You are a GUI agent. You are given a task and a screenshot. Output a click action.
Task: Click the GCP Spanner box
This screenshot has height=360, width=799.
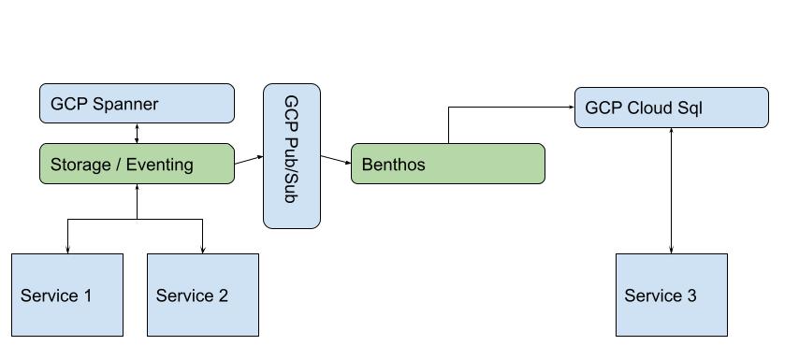[137, 103]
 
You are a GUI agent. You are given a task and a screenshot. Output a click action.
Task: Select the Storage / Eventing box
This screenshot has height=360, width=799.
[137, 164]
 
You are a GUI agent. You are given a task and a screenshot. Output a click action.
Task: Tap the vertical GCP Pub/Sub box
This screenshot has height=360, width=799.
[291, 155]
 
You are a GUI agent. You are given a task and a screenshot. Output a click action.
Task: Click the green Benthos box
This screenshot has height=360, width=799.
[447, 164]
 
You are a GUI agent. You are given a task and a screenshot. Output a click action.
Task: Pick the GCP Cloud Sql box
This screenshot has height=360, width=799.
[671, 108]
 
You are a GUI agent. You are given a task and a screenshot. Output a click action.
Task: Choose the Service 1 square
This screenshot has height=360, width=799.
[67, 295]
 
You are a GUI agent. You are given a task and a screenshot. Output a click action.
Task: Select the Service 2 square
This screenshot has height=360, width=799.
[203, 295]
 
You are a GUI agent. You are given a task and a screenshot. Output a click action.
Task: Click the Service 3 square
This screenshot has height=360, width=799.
[671, 295]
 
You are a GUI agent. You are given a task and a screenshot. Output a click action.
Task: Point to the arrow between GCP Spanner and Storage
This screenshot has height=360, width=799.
[138, 133]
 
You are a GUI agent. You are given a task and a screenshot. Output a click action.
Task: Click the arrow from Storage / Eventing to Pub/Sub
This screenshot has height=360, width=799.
[248, 159]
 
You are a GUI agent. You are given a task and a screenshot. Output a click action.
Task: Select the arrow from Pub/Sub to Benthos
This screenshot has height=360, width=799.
[335, 160]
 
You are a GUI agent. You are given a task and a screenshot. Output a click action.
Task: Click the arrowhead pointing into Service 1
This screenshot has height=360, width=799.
[67, 250]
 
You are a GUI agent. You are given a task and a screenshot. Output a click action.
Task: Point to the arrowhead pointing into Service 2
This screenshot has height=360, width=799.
[203, 250]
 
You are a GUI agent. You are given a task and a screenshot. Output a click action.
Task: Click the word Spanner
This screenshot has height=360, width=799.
[125, 104]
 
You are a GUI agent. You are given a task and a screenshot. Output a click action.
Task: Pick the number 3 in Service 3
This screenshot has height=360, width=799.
[691, 296]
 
